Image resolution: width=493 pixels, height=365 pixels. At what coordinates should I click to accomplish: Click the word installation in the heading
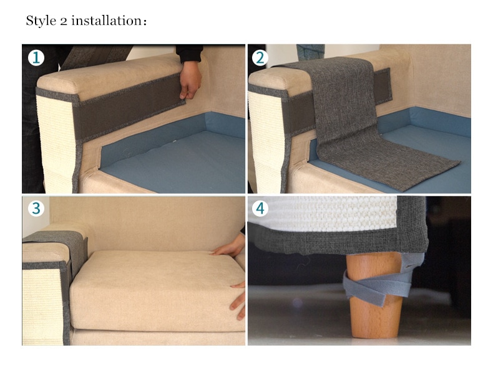(107, 21)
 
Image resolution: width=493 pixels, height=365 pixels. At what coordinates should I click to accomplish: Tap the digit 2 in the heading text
(64, 22)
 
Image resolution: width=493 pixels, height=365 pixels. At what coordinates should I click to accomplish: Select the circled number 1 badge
(36, 58)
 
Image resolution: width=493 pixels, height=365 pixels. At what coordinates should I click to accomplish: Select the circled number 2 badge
(260, 58)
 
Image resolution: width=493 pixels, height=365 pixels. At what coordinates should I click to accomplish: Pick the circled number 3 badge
(36, 209)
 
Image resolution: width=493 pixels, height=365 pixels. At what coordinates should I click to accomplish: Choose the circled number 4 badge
(260, 209)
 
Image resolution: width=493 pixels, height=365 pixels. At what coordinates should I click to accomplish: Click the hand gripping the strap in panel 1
(190, 80)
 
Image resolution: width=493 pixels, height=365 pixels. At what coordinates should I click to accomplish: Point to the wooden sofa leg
(375, 295)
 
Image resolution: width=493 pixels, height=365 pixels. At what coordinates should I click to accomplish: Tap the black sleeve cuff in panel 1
(188, 54)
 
